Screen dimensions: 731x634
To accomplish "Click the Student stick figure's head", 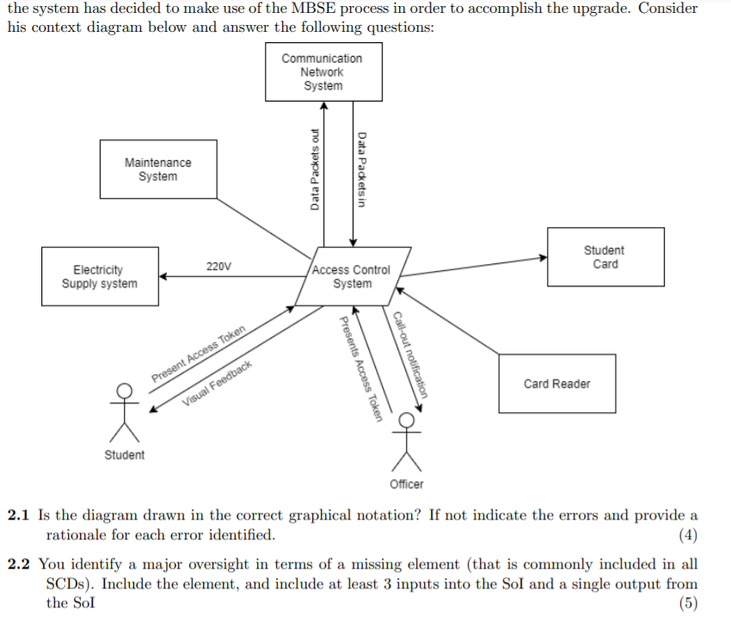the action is pos(124,391).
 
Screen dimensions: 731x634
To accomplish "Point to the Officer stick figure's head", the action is pos(407,420).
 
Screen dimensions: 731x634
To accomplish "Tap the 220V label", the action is pos(218,266).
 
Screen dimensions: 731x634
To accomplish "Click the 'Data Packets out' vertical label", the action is pos(315,169).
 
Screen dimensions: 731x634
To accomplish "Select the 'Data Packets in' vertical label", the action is pos(362,169).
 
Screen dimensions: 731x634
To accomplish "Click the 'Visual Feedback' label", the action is pos(217,383).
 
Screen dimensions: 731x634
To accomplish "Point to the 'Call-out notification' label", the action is pos(410,354).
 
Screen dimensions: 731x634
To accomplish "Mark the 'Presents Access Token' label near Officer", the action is pos(361,369).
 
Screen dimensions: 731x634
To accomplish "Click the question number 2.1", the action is pos(18,515).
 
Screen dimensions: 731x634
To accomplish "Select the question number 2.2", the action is pos(18,564).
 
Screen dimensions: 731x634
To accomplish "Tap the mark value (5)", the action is pos(688,603).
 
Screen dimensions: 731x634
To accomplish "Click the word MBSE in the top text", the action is pos(313,8).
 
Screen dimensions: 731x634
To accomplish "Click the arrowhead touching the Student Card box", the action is pos(543,257).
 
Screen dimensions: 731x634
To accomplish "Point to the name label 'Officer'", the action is pos(407,484).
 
